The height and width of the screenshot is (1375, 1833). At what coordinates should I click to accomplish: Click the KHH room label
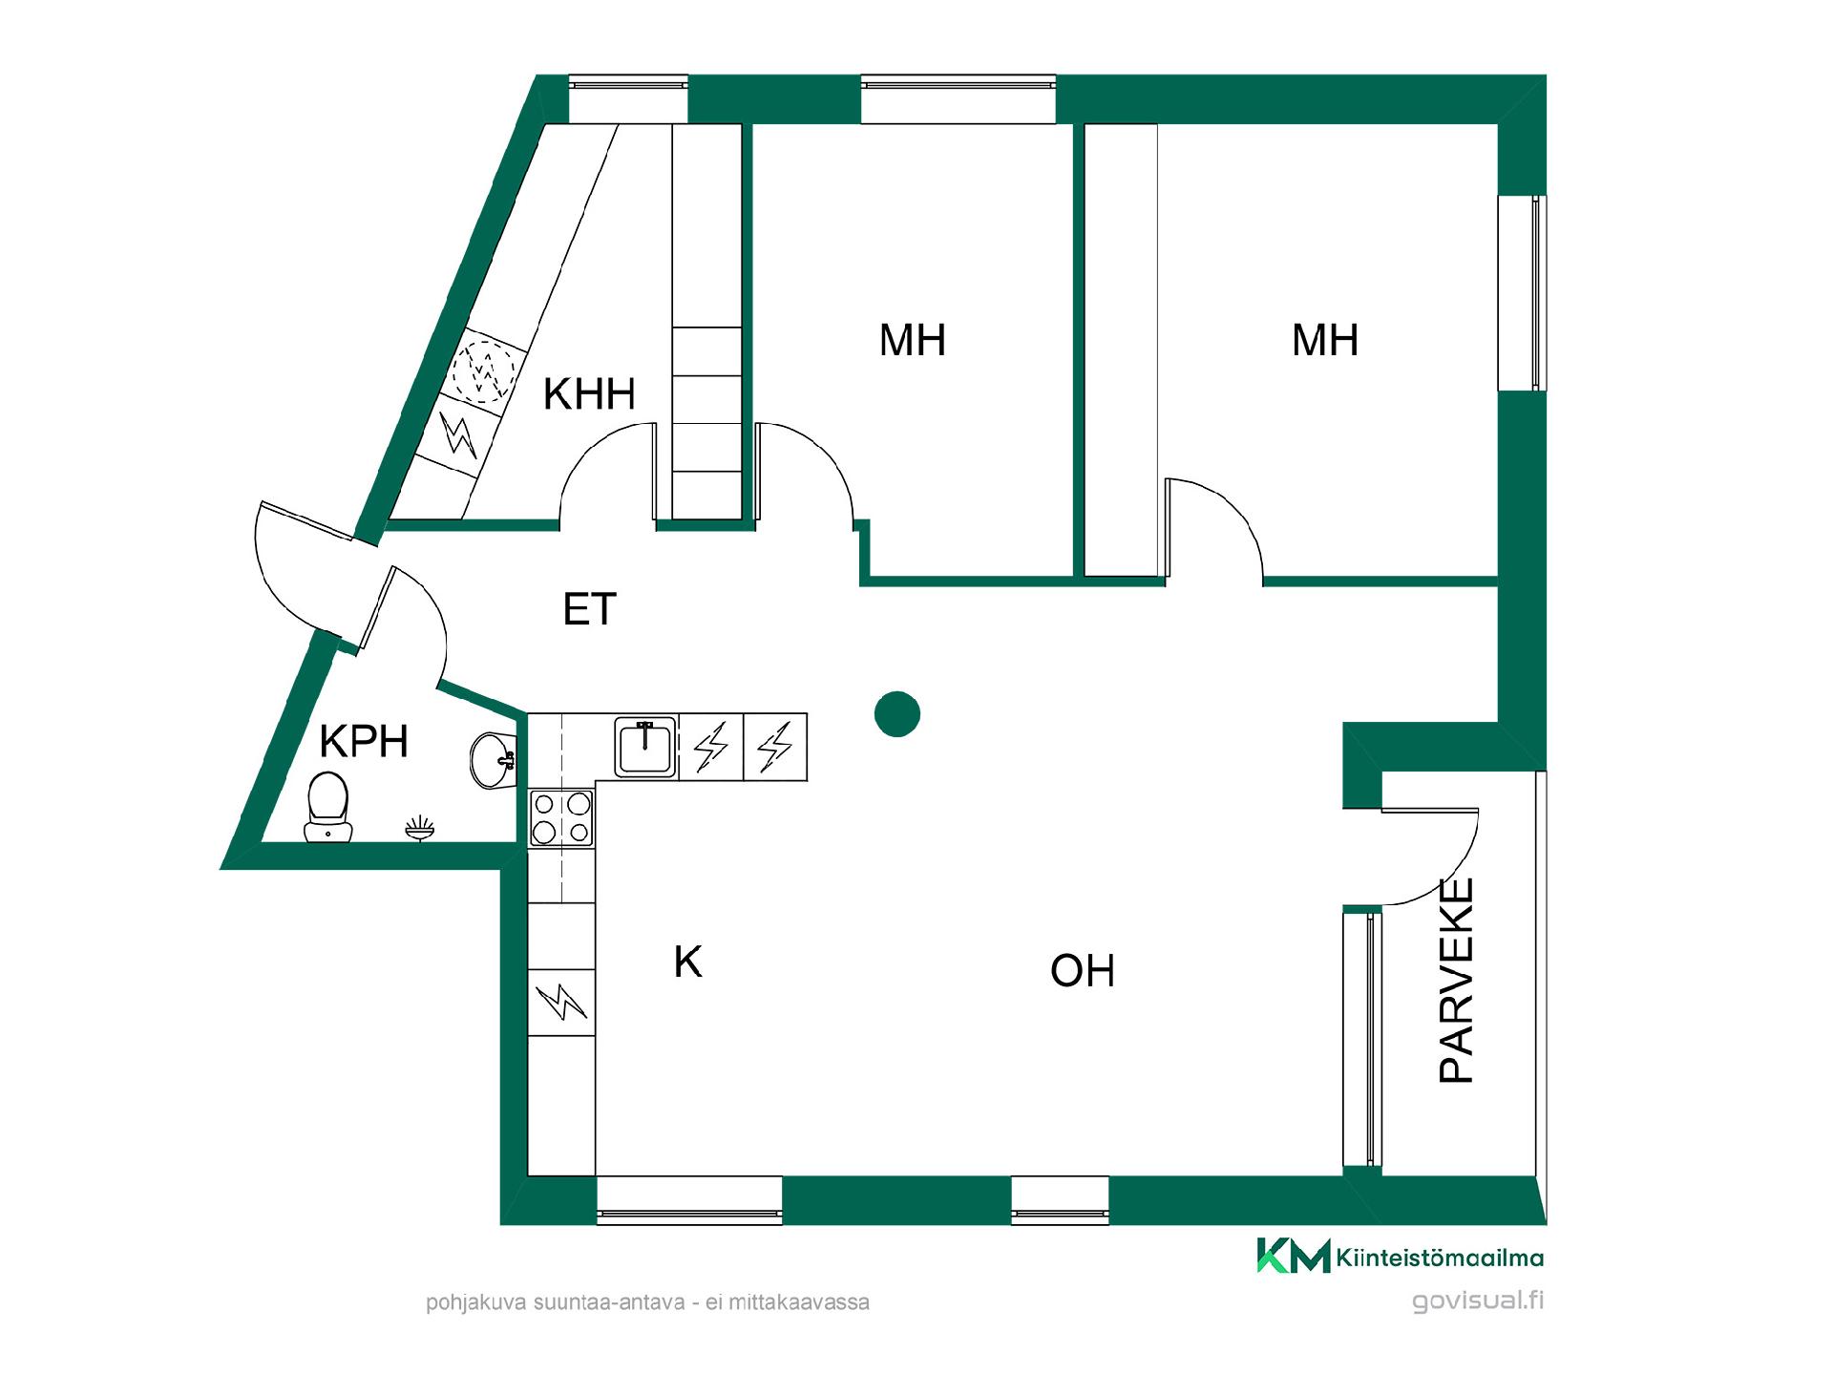589,393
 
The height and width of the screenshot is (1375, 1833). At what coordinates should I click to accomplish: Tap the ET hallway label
590,609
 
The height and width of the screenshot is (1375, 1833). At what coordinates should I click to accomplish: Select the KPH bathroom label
364,741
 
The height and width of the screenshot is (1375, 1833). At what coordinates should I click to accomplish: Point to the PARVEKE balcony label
1457,981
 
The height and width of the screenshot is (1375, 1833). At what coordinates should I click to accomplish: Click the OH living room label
1083,971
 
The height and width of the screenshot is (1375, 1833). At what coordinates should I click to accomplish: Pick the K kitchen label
687,962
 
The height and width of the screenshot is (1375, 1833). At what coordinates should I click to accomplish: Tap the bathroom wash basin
493,761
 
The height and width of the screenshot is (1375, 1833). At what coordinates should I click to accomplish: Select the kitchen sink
645,747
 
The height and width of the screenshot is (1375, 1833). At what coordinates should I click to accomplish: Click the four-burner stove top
561,817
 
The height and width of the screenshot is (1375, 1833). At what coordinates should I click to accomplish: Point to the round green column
896,714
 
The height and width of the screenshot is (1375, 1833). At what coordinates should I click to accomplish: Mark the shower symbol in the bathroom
420,829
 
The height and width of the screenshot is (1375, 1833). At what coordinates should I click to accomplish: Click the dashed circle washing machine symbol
483,370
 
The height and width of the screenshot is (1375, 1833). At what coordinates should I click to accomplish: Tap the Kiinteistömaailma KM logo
1400,1256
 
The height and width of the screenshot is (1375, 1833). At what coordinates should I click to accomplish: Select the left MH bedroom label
913,341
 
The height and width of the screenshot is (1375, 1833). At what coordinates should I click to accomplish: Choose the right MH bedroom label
1325,341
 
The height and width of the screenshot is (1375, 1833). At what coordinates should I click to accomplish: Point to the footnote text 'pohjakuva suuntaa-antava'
557,1303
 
